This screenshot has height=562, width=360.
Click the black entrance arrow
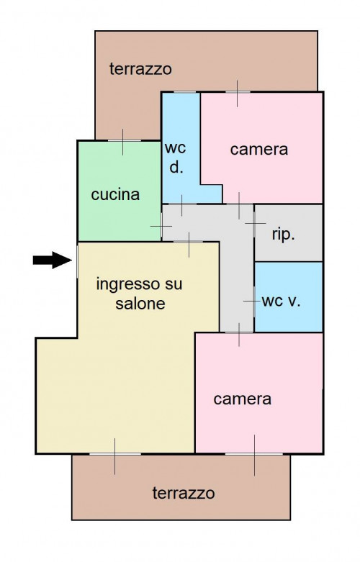[x=53, y=260]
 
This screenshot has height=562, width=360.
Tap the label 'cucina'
[x=115, y=194]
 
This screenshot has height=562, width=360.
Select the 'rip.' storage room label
[x=283, y=235]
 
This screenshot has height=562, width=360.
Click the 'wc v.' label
[x=281, y=302]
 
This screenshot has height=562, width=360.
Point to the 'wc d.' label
[x=176, y=158]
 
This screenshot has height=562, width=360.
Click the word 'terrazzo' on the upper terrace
[x=140, y=68]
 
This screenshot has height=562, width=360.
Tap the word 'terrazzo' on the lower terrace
[x=184, y=493]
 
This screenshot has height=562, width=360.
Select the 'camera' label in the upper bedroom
[x=259, y=149]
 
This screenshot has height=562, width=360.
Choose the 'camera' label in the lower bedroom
[x=243, y=399]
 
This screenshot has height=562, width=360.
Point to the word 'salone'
[x=140, y=304]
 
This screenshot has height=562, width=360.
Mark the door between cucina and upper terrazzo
[x=122, y=141]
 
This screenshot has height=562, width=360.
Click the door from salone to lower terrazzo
[x=114, y=454]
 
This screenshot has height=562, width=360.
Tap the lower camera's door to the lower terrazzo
[x=254, y=454]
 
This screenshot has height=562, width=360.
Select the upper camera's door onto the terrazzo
[x=237, y=93]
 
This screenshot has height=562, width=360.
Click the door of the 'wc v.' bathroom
[x=254, y=301]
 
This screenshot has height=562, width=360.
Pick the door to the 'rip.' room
[x=254, y=223]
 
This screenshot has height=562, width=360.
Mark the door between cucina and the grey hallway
[x=162, y=226]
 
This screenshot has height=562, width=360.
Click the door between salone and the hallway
[x=189, y=242]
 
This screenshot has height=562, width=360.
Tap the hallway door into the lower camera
[x=239, y=333]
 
